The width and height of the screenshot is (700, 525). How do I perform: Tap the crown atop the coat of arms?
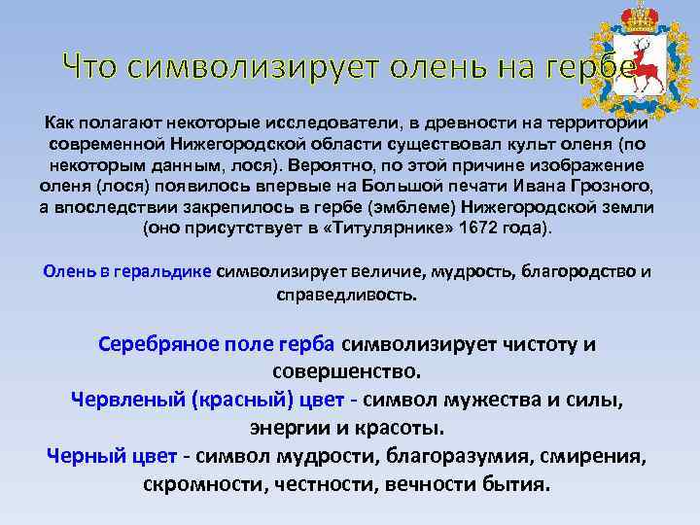pyautogui.click(x=639, y=17)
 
